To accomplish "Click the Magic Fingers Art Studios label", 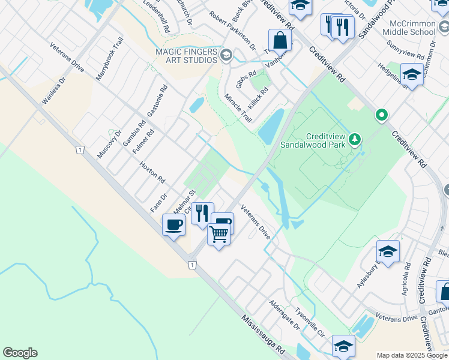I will click(x=186, y=56).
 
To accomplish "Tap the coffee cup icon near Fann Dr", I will click(x=173, y=225).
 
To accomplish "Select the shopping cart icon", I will click(x=219, y=234).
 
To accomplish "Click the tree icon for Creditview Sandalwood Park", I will click(x=355, y=140).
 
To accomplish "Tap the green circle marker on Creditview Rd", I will click(x=381, y=114).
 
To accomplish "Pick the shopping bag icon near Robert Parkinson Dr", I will click(x=280, y=40).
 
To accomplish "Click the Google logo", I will click(x=20, y=353).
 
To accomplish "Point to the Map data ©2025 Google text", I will click(x=411, y=355).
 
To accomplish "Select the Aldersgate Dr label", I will click(x=284, y=315).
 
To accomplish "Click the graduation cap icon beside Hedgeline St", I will click(x=412, y=74).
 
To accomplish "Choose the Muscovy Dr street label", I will click(x=109, y=144).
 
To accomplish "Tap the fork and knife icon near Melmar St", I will click(x=202, y=213).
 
